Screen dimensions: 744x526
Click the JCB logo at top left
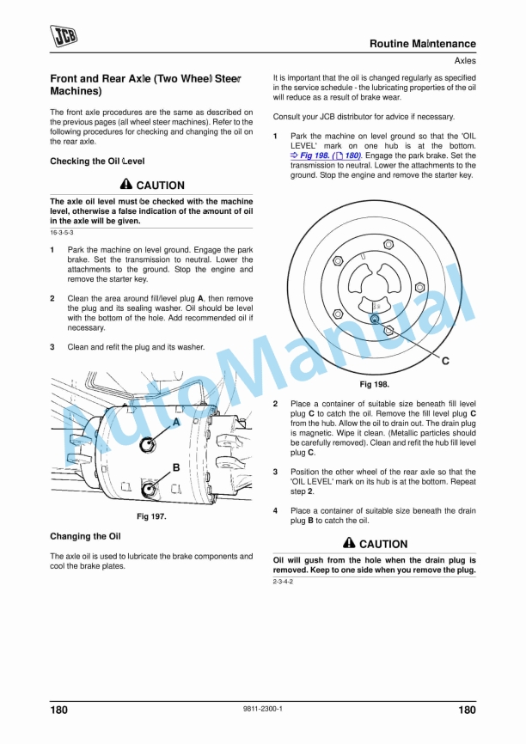point(63,34)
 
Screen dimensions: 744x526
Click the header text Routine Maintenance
point(422,44)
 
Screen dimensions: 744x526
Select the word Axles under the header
point(461,61)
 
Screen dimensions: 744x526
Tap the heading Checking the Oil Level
point(97,162)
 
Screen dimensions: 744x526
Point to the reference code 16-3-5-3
point(62,233)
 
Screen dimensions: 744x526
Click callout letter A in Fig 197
point(176,423)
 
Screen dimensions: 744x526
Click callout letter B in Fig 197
point(175,468)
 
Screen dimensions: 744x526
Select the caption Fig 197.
point(151,516)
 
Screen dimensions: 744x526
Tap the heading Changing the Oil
point(85,536)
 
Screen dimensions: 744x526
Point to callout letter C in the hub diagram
point(445,361)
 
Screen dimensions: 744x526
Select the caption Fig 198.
point(374,385)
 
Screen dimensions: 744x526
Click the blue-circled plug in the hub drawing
point(375,318)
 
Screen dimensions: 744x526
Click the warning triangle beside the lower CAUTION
point(349,544)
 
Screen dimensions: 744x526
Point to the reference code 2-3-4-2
point(284,582)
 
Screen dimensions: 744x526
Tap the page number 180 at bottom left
point(59,710)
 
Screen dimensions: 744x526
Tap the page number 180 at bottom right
point(466,710)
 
